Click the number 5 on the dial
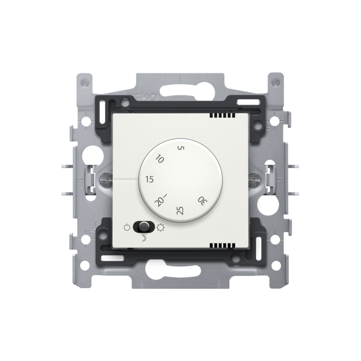click(x=181, y=148)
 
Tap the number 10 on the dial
click(x=160, y=159)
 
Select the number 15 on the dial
click(x=150, y=179)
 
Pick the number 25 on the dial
click(x=180, y=210)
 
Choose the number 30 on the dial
click(x=203, y=201)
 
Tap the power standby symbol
click(x=127, y=228)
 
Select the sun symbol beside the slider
click(x=161, y=227)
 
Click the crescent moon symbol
click(x=143, y=239)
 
